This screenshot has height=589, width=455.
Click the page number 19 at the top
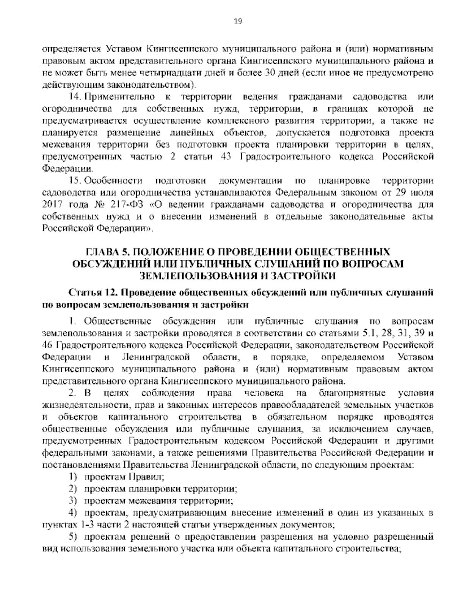[x=227, y=21]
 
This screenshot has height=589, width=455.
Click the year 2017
[x=51, y=205]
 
